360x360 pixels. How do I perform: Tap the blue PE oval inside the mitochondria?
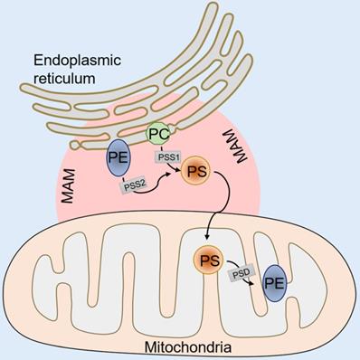click(x=275, y=287)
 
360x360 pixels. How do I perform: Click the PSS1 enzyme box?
click(x=167, y=156)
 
